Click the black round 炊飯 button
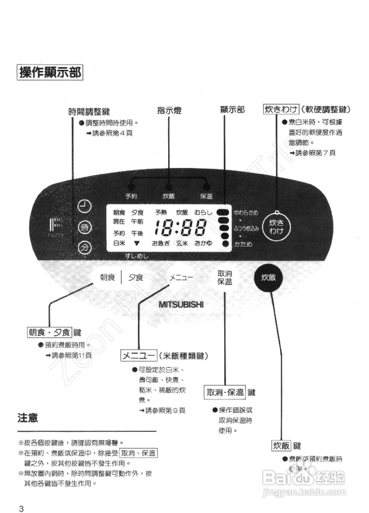point(268,278)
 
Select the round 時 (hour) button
point(85,228)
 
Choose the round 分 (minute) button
point(85,247)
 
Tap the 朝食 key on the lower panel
point(107,277)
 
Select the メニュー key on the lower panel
point(181,277)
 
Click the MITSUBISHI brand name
point(181,304)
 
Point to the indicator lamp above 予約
point(131,187)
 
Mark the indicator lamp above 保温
point(206,187)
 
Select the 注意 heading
point(28,418)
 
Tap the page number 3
point(21,509)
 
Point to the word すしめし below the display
point(136,256)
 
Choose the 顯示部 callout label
point(232,109)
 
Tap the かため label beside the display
point(244,244)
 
